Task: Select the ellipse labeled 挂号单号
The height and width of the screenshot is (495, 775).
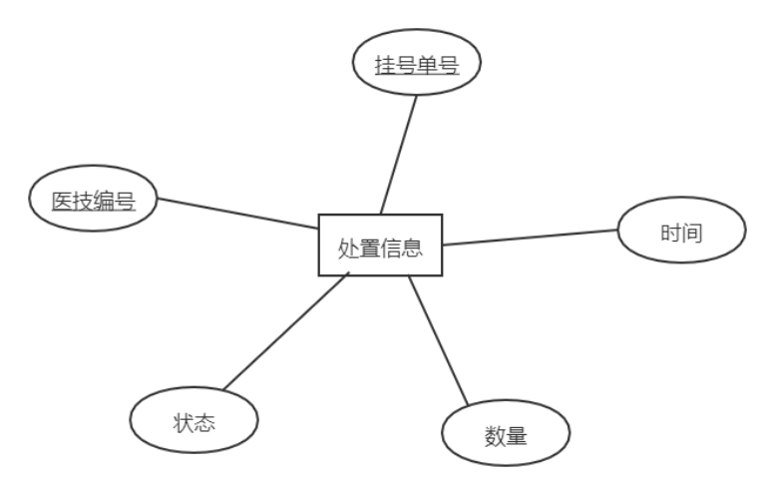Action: (417, 66)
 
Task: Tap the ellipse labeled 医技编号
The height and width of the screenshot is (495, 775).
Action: (93, 201)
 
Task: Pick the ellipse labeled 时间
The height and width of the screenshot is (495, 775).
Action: (682, 234)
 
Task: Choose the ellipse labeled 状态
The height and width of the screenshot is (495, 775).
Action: (194, 420)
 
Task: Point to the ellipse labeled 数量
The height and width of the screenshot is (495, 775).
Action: (506, 436)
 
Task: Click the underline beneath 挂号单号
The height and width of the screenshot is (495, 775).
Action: (417, 77)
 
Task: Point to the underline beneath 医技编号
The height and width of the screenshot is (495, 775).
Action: (93, 212)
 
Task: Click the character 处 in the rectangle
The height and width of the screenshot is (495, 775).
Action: (348, 247)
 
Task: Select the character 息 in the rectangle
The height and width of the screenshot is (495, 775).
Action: (413, 247)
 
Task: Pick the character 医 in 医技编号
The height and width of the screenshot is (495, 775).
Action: (62, 201)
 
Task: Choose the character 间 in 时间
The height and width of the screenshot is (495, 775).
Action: (693, 234)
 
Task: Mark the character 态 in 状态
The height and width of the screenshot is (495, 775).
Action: (205, 421)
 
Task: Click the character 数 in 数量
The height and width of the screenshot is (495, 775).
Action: (495, 436)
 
